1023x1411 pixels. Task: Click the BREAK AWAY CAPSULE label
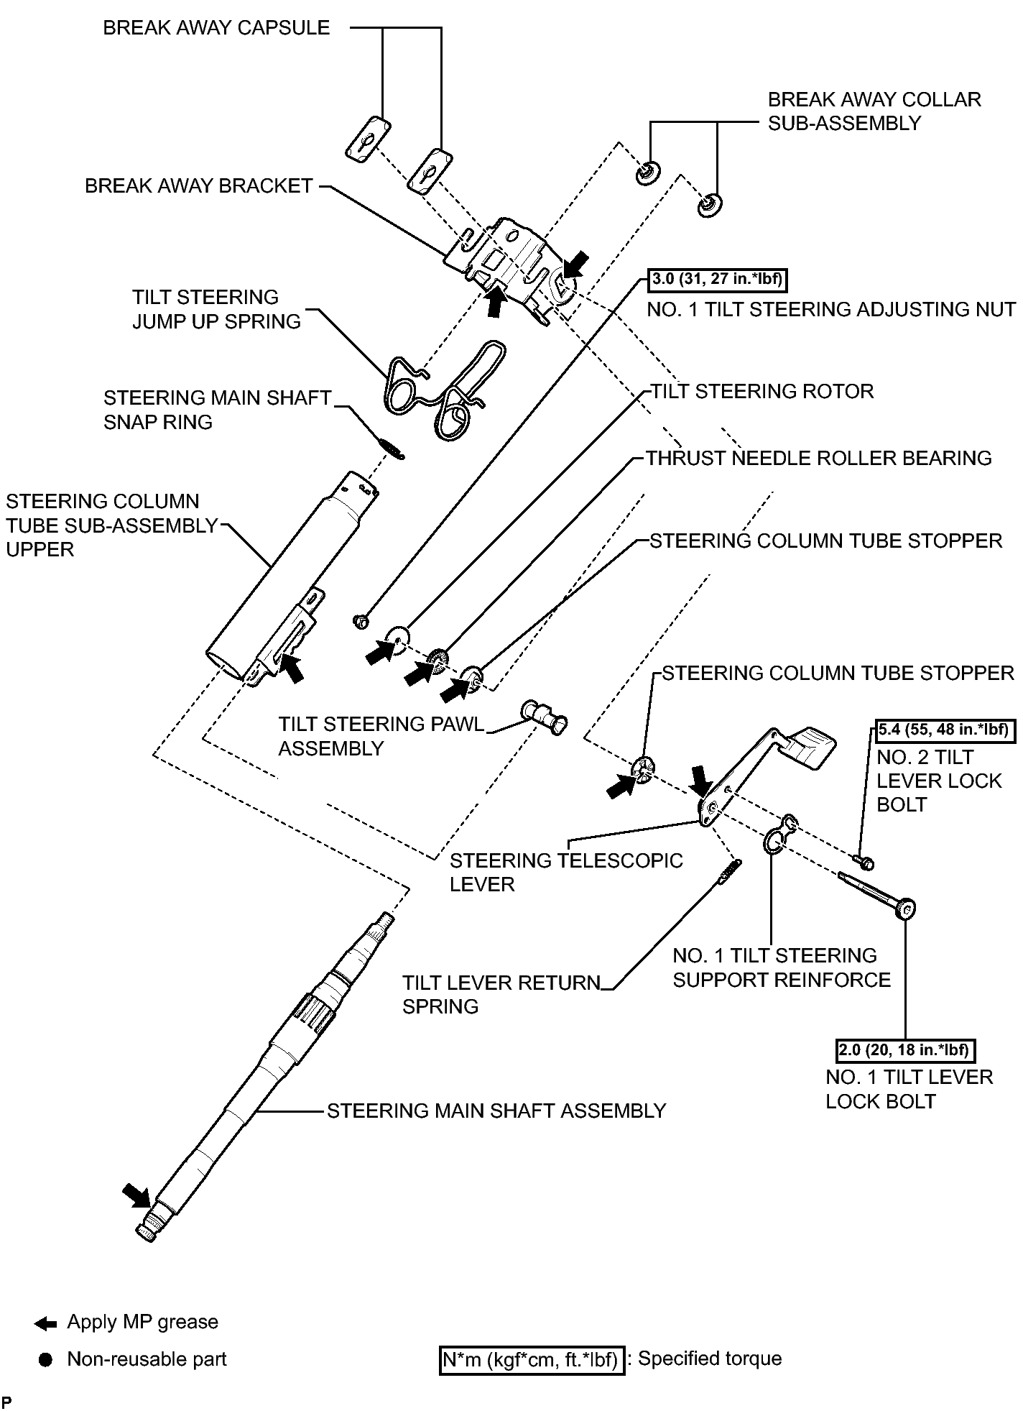[x=216, y=28]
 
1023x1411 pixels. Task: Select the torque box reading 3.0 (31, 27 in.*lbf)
[x=718, y=279]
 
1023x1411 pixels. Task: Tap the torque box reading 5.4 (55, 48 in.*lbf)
[x=945, y=730]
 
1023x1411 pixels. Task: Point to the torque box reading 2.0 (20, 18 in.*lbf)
[x=906, y=1050]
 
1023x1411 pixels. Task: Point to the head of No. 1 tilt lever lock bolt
[x=905, y=910]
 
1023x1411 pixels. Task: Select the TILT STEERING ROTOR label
[x=762, y=392]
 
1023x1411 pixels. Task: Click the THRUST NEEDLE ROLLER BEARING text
[x=818, y=459]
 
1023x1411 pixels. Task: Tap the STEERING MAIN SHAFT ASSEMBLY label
[x=496, y=1111]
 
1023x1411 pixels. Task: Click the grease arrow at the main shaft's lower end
[x=136, y=1196]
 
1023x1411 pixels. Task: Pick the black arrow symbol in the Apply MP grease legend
[x=45, y=1323]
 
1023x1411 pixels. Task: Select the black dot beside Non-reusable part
[x=46, y=1360]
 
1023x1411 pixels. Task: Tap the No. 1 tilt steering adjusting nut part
[x=361, y=620]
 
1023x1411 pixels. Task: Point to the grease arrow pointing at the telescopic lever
[x=701, y=781]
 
